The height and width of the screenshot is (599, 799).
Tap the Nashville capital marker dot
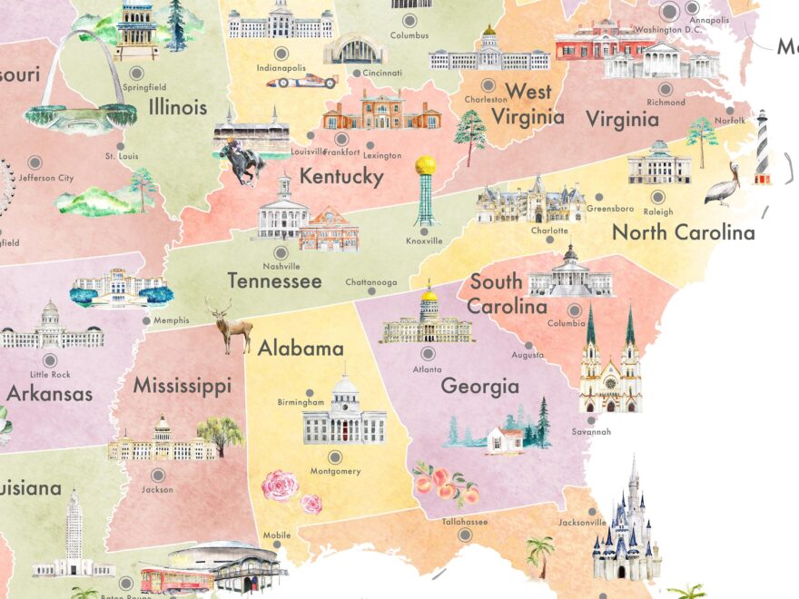281,252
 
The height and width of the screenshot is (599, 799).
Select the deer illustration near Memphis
231,326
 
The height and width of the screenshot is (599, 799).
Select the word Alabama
301,349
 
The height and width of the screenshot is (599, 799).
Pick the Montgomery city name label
335,471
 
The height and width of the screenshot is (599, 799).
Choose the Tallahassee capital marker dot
466,535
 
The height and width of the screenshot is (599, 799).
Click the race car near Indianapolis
301,82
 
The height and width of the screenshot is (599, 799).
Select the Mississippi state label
182,386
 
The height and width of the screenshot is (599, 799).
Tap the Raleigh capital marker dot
658,196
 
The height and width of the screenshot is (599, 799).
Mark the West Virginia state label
528,103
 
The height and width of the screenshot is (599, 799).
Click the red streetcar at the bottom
176,580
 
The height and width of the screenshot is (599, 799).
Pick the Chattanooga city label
370,282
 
